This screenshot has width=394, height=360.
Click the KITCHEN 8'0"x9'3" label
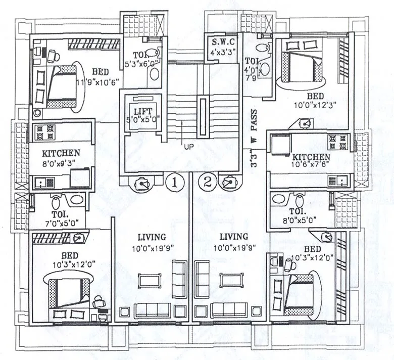click(61, 153)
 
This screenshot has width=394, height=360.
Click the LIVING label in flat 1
click(152, 237)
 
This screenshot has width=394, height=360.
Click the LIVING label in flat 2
click(234, 237)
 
